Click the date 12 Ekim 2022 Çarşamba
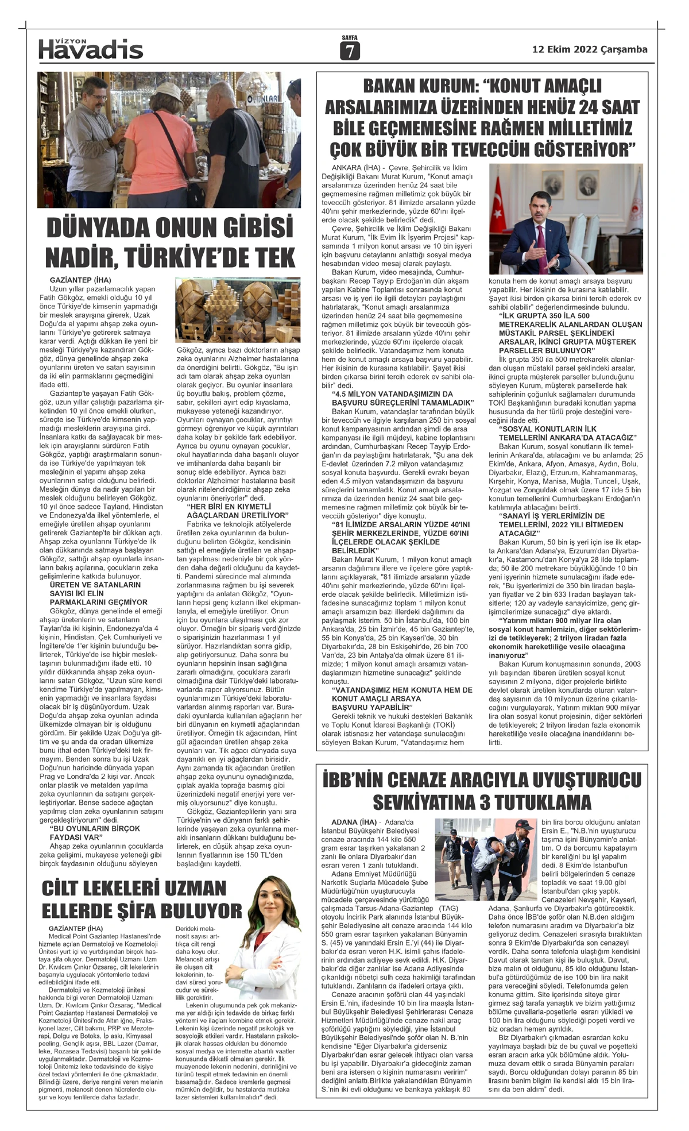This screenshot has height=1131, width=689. [x=590, y=49]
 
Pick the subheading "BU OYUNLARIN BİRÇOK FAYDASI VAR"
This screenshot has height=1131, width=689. [x=89, y=833]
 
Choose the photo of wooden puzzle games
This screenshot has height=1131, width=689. [x=238, y=310]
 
